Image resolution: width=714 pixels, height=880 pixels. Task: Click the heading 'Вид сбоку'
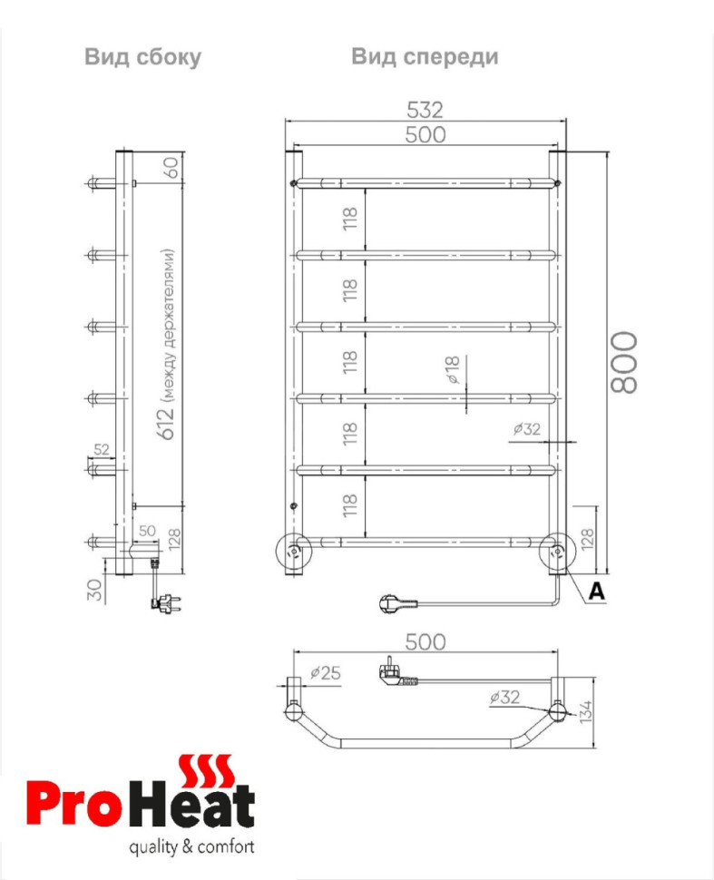(142, 57)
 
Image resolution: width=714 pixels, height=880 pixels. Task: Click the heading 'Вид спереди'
(425, 57)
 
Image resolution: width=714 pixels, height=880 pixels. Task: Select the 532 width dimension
(425, 110)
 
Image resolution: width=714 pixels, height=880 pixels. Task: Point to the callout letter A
(596, 591)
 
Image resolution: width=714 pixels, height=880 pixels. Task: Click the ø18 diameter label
(455, 371)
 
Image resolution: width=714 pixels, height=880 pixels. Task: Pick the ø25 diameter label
(325, 673)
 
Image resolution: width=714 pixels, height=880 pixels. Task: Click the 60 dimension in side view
(170, 168)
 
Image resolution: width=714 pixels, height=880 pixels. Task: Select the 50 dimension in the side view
(147, 531)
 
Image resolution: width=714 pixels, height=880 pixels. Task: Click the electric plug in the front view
(396, 601)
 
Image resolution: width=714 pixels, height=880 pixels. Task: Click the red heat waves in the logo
(208, 769)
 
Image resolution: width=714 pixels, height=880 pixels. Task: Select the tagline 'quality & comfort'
(192, 848)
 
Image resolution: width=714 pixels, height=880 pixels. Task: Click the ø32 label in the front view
(526, 429)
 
